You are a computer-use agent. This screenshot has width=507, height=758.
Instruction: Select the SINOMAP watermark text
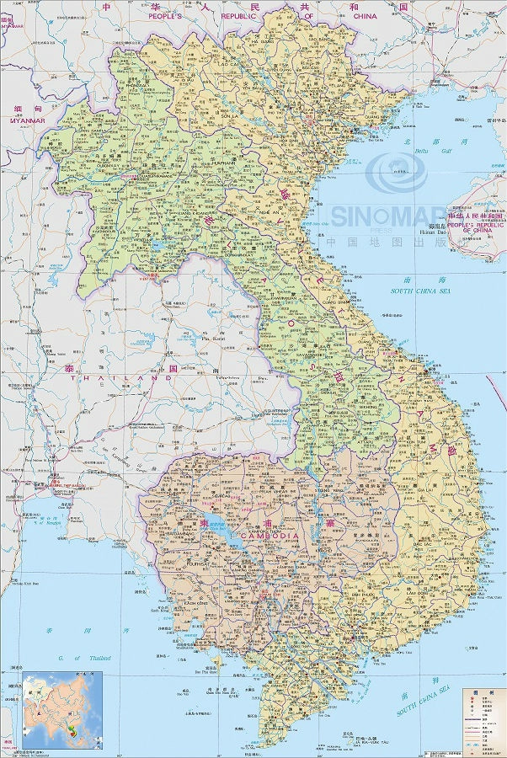(387, 216)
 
